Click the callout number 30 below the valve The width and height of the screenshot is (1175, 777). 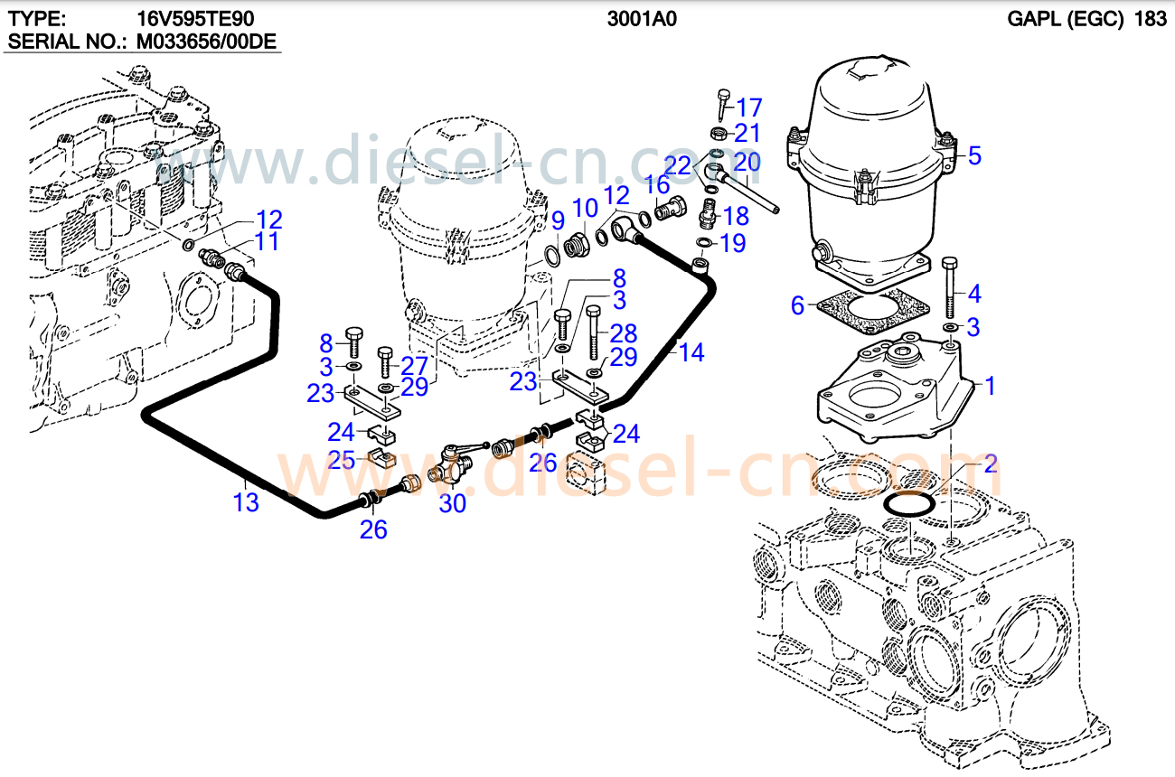pyautogui.click(x=452, y=503)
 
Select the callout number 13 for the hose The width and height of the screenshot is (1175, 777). pyautogui.click(x=246, y=502)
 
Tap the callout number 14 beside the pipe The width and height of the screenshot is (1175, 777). pyautogui.click(x=691, y=352)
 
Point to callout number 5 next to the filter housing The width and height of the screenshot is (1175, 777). pyautogui.click(x=973, y=155)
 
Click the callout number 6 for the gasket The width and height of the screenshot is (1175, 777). pyautogui.click(x=796, y=305)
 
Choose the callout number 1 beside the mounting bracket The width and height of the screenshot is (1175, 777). pyautogui.click(x=990, y=386)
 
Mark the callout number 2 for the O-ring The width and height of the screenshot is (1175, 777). pyautogui.click(x=990, y=465)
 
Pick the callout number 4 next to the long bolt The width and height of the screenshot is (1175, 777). pyautogui.click(x=973, y=294)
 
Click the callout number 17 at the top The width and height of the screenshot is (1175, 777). pyautogui.click(x=749, y=107)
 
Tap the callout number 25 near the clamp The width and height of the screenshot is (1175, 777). pyautogui.click(x=342, y=460)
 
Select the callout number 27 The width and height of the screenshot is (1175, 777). pyautogui.click(x=413, y=366)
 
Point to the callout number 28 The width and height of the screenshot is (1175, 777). pyautogui.click(x=624, y=333)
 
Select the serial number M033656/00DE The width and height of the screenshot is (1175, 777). pyautogui.click(x=205, y=42)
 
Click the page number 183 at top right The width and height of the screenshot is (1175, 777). pyautogui.click(x=1150, y=19)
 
